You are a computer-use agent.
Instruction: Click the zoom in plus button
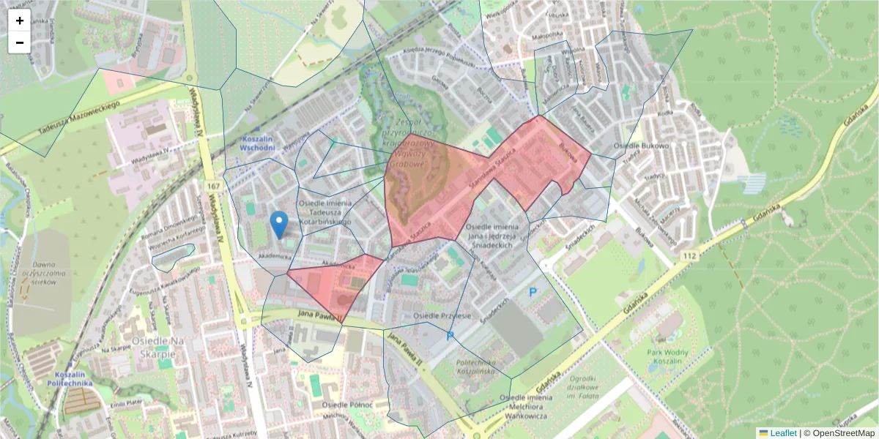[20, 20]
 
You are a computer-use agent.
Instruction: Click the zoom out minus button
[20, 42]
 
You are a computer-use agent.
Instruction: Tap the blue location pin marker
[278, 222]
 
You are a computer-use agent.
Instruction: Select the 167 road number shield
[213, 187]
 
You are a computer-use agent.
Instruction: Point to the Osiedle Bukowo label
[642, 146]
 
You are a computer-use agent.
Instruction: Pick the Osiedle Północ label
[347, 405]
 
